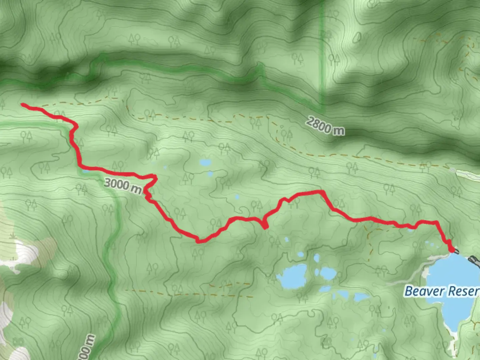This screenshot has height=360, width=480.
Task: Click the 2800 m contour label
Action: [325, 126]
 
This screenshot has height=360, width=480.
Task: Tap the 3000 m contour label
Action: [123, 186]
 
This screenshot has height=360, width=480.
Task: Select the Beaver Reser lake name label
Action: [442, 291]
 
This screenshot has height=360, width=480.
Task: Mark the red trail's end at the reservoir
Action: [451, 249]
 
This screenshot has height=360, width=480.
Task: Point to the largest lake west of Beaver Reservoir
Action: [292, 276]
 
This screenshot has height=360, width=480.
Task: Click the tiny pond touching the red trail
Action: [85, 171]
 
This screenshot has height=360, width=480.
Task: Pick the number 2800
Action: [319, 124]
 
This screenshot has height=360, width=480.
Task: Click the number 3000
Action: [116, 184]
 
